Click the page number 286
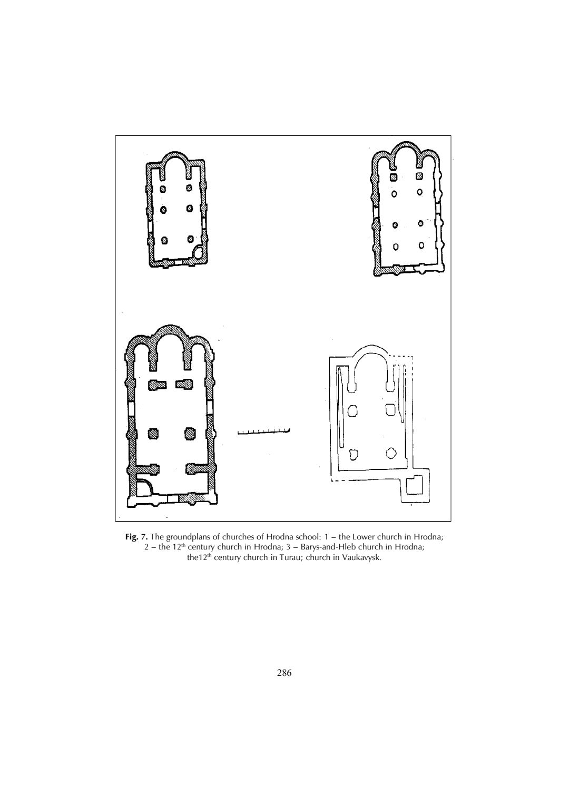pyautogui.click(x=284, y=673)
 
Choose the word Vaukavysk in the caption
pyautogui.click(x=361, y=557)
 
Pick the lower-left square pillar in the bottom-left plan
pyautogui.click(x=153, y=433)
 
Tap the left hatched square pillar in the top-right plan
pyautogui.click(x=393, y=176)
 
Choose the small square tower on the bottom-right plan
pyautogui.click(x=416, y=485)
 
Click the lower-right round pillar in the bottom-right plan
pyautogui.click(x=391, y=452)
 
